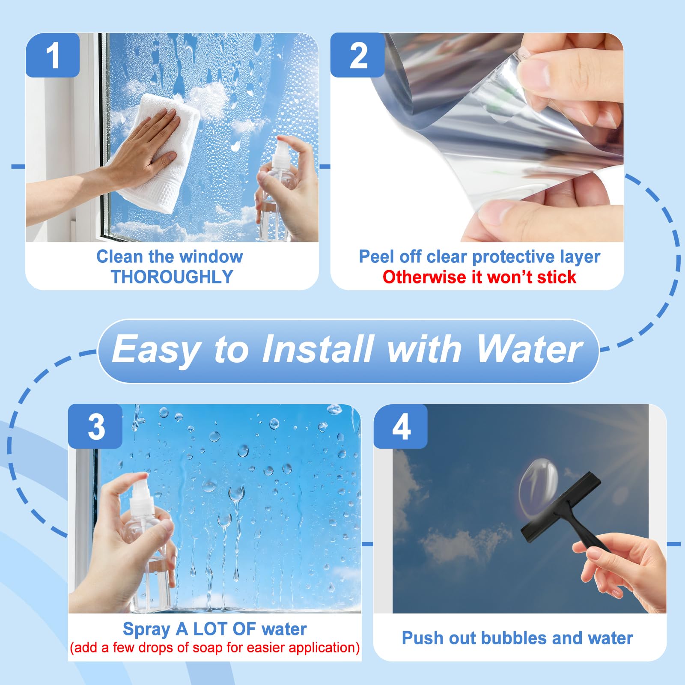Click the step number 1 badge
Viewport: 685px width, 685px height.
click(53, 55)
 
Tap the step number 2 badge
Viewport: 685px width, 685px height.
click(358, 55)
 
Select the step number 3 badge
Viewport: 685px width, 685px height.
click(95, 426)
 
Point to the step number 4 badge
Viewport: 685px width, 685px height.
click(401, 426)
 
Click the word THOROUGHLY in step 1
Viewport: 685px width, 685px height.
click(172, 277)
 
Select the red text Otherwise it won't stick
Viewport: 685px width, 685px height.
click(479, 277)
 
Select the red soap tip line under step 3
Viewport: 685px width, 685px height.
click(214, 647)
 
